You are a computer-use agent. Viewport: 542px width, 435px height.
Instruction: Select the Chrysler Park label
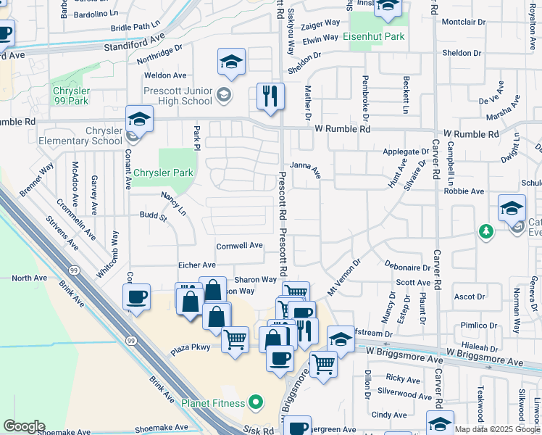tap(163, 173)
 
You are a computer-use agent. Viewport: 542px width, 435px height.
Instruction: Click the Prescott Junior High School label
tap(178, 95)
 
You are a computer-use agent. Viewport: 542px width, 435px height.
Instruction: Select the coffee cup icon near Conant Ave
tap(136, 297)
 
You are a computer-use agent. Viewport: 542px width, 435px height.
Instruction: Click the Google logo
tap(23, 426)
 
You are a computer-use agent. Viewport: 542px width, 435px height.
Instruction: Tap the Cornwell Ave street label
tap(239, 245)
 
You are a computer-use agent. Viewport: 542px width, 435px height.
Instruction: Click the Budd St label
tap(153, 216)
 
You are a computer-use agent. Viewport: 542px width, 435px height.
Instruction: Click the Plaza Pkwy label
tap(191, 348)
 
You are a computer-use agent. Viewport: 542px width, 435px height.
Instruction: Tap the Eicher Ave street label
tap(197, 265)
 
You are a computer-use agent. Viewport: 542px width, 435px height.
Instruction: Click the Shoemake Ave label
tap(63, 431)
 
